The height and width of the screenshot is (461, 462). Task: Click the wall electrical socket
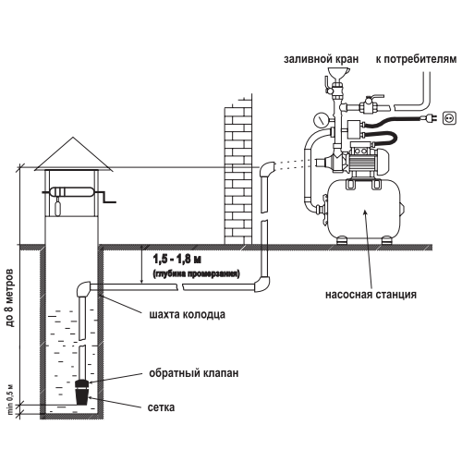click(449, 118)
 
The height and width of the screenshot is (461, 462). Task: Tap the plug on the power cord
click(431, 117)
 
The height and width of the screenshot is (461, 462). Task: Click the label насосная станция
click(371, 295)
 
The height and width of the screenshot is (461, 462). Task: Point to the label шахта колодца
click(187, 315)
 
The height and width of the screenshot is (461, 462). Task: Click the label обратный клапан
click(194, 373)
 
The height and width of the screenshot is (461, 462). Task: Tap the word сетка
click(161, 407)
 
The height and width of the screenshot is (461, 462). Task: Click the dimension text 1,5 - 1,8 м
click(177, 260)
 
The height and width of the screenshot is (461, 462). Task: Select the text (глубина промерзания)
click(196, 273)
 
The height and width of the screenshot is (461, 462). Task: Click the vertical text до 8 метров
click(10, 298)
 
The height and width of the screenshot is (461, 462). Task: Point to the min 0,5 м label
click(10, 399)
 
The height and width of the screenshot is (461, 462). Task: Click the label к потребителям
click(416, 59)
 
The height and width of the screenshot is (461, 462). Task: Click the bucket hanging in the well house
click(57, 208)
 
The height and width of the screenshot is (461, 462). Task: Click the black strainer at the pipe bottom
click(82, 396)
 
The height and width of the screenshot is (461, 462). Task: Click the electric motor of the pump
click(367, 161)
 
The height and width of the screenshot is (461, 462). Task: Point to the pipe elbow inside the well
click(83, 288)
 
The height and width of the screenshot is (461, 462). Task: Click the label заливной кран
click(321, 59)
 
